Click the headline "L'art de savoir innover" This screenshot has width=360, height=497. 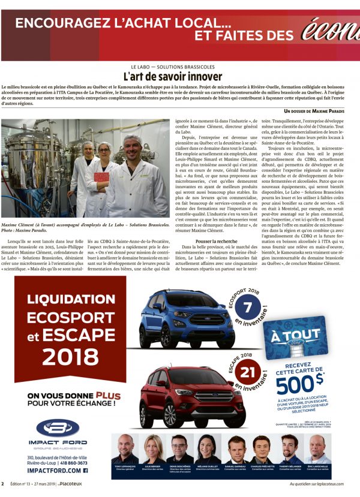pyautogui.click(x=172, y=77)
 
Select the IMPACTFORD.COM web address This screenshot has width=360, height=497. pyautogui.click(x=54, y=471)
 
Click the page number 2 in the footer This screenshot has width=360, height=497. pyautogui.click(x=3, y=483)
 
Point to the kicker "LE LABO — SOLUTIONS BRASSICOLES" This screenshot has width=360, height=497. pyautogui.click(x=172, y=67)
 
